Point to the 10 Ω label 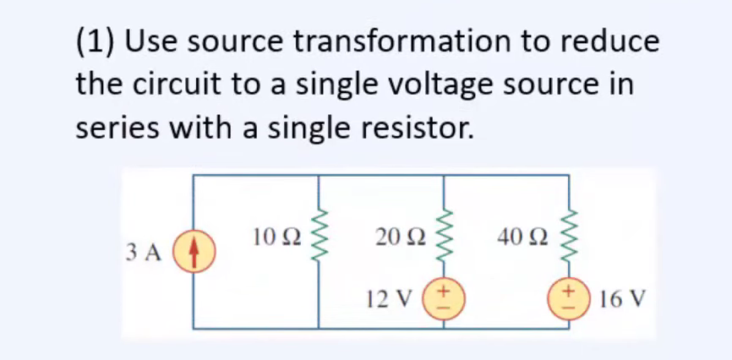click(275, 237)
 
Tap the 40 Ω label click(521, 237)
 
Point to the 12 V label click(391, 299)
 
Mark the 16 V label click(620, 299)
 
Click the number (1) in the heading click(96, 41)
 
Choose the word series click(117, 128)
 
